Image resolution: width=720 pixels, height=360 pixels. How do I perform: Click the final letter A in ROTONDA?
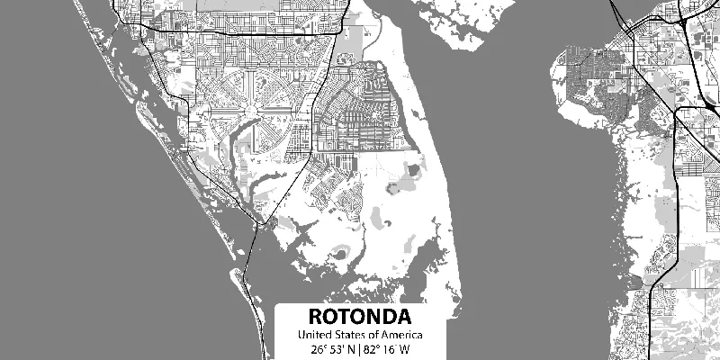pos(404,318)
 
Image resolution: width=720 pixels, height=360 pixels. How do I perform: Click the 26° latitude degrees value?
pos(318,349)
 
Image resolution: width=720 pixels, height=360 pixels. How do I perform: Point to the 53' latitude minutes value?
pos(336,349)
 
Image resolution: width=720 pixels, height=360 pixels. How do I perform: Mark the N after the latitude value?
pos(350,349)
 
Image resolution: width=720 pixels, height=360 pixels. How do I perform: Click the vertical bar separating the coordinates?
pos(358,349)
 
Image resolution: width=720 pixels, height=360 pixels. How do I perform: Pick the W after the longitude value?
pos(404,349)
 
